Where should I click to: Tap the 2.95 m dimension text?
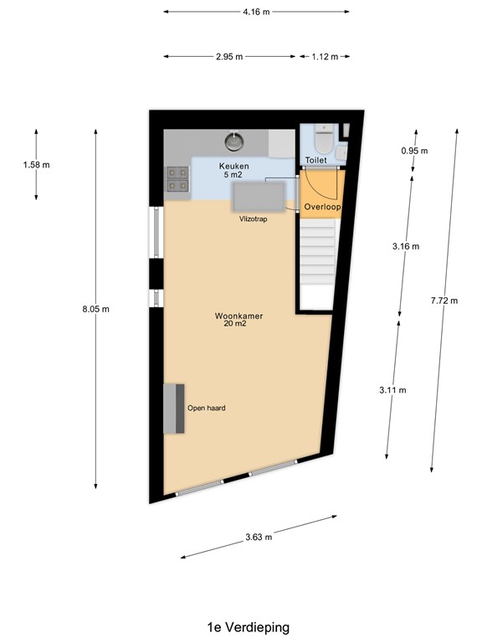click(228, 57)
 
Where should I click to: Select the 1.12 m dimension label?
click(324, 57)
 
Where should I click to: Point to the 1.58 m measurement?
click(36, 165)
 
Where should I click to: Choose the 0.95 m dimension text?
click(414, 151)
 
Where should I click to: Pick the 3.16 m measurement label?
click(406, 246)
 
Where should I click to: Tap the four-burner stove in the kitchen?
click(177, 178)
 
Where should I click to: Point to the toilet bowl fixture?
click(324, 136)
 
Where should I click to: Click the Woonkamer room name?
click(238, 316)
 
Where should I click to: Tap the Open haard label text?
click(206, 409)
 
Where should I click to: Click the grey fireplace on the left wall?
click(175, 409)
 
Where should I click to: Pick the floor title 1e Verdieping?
click(248, 626)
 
